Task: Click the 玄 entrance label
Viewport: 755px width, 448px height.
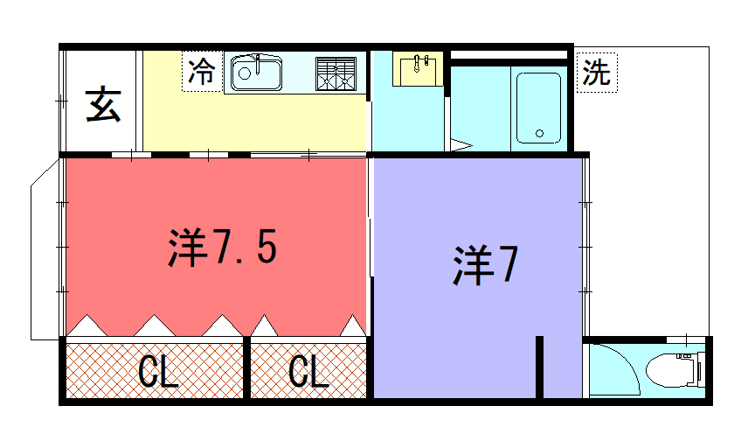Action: (103, 104)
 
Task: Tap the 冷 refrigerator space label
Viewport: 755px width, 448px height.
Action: (202, 72)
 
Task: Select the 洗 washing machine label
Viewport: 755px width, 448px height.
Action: (597, 73)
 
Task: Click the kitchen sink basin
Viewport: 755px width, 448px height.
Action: (256, 73)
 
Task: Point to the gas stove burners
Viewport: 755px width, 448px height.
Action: (336, 73)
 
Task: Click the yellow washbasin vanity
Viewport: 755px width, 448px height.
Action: (418, 69)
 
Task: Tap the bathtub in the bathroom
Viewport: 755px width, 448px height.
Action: (539, 108)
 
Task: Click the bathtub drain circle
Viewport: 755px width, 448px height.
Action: (539, 134)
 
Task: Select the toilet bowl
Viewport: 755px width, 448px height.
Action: (669, 370)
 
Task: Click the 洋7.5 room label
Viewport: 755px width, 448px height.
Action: (223, 248)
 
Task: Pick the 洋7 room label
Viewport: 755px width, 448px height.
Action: (485, 265)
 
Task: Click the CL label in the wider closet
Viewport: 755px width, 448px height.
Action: (158, 372)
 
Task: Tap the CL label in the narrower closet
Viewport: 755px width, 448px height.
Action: (308, 372)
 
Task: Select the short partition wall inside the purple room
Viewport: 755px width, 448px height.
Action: (540, 367)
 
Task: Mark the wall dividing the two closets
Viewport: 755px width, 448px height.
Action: (246, 367)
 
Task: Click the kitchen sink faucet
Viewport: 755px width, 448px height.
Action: (258, 64)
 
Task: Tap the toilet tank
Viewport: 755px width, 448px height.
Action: (701, 370)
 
